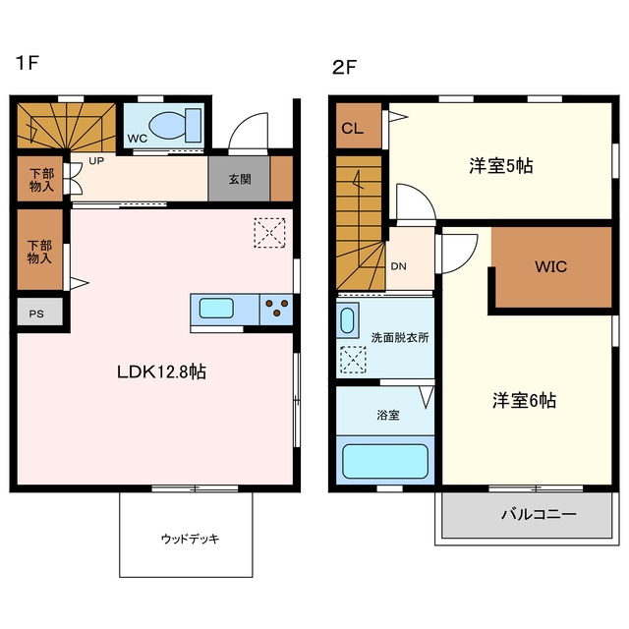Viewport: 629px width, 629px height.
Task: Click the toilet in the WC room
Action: click(175, 125)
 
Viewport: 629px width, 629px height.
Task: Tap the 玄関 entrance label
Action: click(240, 179)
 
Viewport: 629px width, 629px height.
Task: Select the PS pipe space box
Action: click(39, 312)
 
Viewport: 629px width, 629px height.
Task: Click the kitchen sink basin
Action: click(216, 309)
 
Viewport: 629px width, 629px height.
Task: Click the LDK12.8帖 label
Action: click(161, 372)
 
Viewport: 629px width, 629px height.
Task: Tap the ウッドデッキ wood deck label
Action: click(191, 539)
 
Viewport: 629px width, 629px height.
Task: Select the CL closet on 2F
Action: click(358, 126)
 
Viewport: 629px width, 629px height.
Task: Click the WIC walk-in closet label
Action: click(550, 266)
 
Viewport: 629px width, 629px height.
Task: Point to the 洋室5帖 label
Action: click(501, 165)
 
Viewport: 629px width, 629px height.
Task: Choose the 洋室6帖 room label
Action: click(524, 400)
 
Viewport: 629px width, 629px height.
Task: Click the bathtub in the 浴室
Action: click(385, 461)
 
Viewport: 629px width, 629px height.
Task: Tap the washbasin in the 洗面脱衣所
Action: click(347, 320)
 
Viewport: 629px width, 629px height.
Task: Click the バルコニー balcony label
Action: click(539, 514)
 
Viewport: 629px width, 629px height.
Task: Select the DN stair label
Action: click(398, 266)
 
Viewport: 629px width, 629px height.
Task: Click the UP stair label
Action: click(96, 161)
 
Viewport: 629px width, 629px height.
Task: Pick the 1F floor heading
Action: click(28, 63)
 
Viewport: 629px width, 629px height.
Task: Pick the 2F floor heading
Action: click(345, 68)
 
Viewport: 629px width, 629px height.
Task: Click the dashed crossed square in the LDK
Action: click(269, 233)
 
